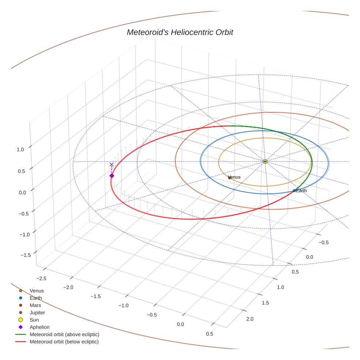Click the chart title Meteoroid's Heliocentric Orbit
[x=180, y=32]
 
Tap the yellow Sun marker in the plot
[x=265, y=161]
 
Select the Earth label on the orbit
[x=301, y=191]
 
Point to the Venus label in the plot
[x=235, y=177]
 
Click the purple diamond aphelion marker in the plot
[x=112, y=176]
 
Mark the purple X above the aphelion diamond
[x=112, y=165]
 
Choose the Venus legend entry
[x=37, y=290]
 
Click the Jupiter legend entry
[x=37, y=312]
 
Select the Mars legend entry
[x=35, y=305]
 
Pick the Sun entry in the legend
[x=34, y=320]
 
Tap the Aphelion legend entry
[x=39, y=327]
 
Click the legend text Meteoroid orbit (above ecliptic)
[x=64, y=334]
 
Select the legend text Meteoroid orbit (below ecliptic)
[x=64, y=342]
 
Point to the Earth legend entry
[x=35, y=298]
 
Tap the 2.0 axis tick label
[x=250, y=319]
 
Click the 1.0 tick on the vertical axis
[x=20, y=149]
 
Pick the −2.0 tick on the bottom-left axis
[x=68, y=287]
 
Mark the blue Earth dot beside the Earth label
[x=294, y=191]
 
